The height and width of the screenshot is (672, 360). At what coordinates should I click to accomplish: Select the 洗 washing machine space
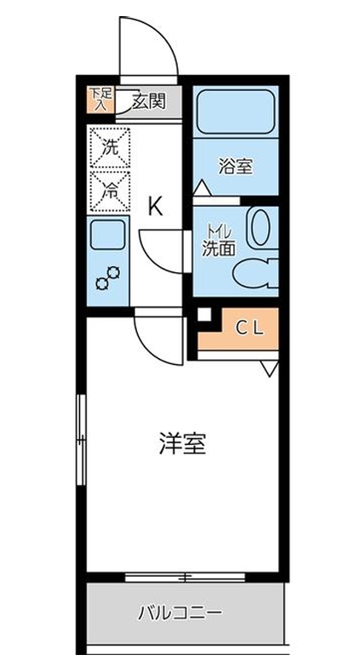tap(110, 145)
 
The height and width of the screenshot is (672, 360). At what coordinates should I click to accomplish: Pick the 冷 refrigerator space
tap(110, 189)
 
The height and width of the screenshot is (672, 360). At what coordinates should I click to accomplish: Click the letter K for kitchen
tap(155, 206)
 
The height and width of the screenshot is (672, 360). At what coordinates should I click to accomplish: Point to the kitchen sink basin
tap(108, 235)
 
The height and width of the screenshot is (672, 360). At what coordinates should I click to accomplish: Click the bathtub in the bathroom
tap(233, 111)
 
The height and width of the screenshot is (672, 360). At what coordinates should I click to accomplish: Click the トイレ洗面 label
tap(218, 241)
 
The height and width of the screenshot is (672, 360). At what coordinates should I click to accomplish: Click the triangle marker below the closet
tap(269, 367)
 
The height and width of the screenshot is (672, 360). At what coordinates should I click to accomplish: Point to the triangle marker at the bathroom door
tap(201, 185)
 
